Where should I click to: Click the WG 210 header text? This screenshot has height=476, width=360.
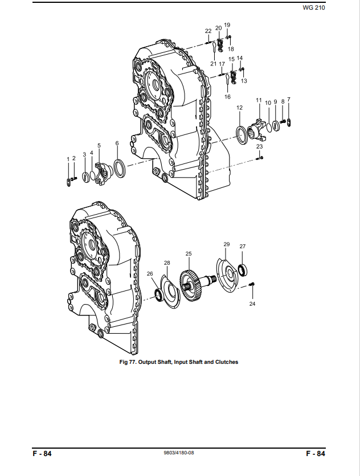313,8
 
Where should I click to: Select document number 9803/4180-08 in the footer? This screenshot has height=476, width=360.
179,453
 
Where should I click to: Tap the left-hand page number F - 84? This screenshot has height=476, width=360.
42,454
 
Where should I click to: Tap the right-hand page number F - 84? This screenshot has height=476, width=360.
316,454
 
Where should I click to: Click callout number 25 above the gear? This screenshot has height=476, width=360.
189,253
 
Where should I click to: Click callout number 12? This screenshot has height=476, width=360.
239,108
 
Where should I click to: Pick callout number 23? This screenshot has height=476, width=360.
259,146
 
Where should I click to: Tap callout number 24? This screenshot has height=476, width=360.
252,303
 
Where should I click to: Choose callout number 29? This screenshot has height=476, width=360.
227,244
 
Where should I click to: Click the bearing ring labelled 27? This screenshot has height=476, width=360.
242,270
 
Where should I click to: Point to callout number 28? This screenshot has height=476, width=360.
167,263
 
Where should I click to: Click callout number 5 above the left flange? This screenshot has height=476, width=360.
99,145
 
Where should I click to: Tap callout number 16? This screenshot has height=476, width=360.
227,97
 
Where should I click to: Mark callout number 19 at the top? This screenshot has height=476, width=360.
227,25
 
